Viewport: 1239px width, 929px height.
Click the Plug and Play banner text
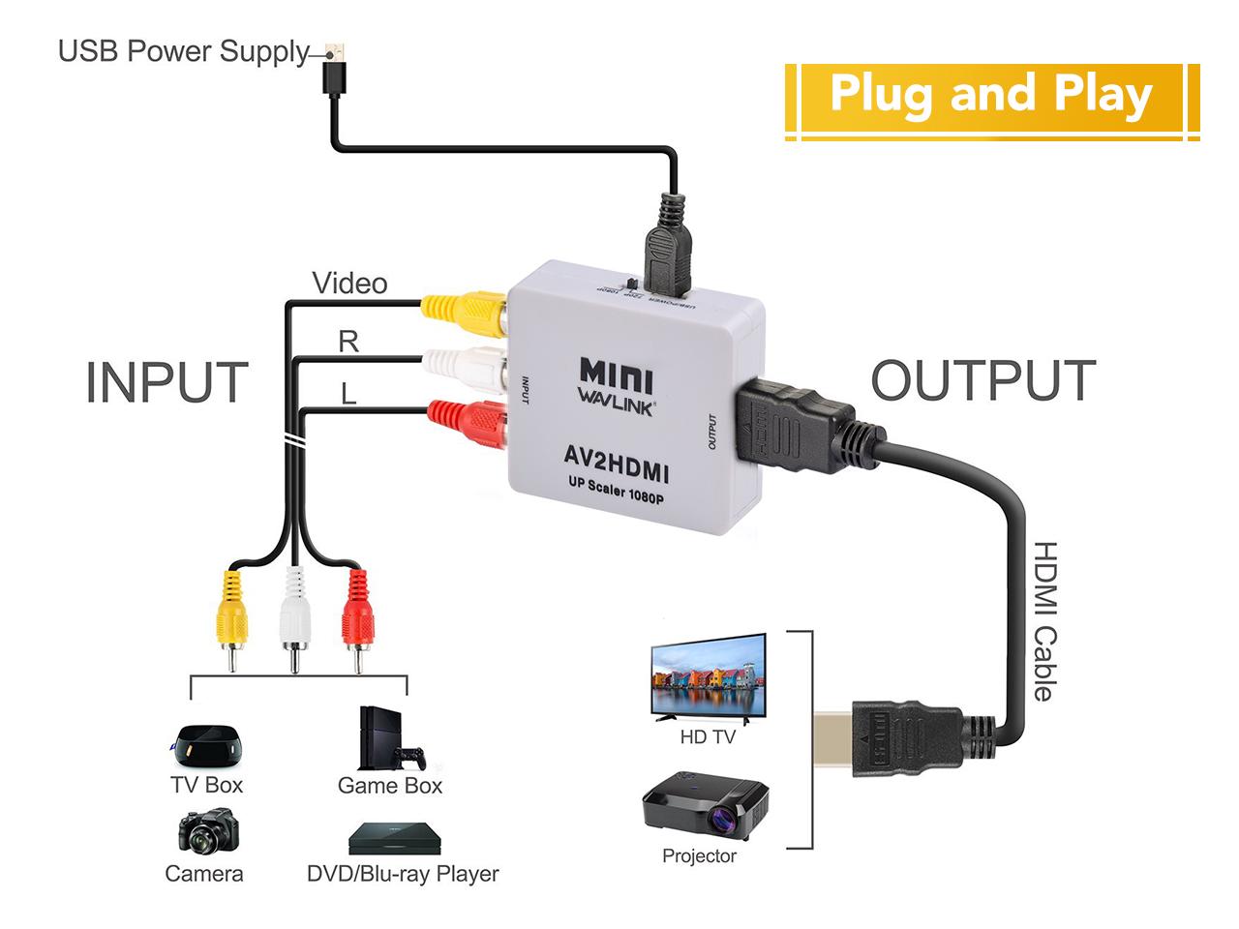tap(990, 95)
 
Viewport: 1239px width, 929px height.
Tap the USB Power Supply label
tap(183, 51)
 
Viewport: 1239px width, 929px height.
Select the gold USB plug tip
tap(335, 50)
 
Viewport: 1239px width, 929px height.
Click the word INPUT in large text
tap(166, 382)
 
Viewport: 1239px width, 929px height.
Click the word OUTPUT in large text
tap(982, 380)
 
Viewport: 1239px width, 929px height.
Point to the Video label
tap(349, 284)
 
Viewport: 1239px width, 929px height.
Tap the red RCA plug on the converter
tap(469, 421)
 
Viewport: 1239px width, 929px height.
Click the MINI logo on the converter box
tap(616, 375)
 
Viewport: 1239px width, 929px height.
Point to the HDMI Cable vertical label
tap(1044, 620)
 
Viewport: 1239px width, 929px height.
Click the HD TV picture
tap(709, 677)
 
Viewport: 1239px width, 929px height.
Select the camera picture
tap(207, 832)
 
